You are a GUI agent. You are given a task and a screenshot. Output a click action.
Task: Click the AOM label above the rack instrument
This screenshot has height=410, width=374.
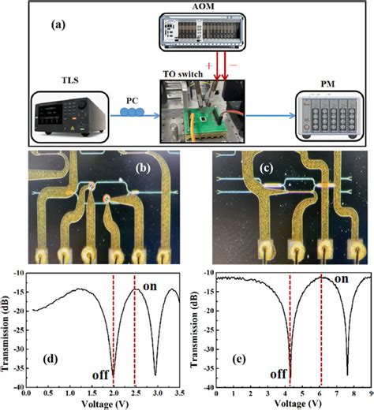(x=203, y=6)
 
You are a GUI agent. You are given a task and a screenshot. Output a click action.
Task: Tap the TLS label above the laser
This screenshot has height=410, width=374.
(x=70, y=80)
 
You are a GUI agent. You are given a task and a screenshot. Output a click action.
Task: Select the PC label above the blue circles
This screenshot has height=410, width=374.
(x=132, y=101)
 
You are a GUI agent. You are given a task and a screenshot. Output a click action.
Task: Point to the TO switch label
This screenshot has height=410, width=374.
(x=183, y=74)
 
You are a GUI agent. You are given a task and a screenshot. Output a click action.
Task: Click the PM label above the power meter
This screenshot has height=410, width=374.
(x=327, y=84)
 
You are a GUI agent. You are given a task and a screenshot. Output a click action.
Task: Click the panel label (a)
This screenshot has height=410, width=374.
(x=58, y=25)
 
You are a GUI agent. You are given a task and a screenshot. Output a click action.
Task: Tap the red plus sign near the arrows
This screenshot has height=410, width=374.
(x=209, y=65)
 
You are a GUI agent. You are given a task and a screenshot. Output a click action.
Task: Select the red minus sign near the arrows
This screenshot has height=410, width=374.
(x=234, y=65)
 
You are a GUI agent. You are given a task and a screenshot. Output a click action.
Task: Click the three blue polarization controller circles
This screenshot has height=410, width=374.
(x=132, y=112)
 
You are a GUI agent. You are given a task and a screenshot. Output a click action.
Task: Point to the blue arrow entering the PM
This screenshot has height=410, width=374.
(x=270, y=115)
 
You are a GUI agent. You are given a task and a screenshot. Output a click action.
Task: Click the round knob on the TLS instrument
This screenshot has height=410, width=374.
(x=82, y=104)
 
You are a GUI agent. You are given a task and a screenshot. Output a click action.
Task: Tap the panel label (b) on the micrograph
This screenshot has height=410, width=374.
(x=143, y=169)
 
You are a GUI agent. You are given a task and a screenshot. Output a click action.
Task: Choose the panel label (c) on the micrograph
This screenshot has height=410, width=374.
(x=267, y=169)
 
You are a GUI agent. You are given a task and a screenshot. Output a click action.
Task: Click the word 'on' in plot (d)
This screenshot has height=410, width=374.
(x=150, y=286)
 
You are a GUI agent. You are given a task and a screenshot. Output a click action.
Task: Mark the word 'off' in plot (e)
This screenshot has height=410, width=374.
(x=278, y=374)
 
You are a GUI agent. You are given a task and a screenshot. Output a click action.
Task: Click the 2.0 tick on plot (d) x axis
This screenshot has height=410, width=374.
(x=114, y=393)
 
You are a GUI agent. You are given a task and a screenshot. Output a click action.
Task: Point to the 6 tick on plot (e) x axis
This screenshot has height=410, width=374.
(x=320, y=393)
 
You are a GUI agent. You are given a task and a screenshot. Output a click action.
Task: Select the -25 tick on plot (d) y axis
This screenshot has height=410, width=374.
(x=19, y=330)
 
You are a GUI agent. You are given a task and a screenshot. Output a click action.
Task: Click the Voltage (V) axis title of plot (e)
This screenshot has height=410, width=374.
(x=298, y=404)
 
